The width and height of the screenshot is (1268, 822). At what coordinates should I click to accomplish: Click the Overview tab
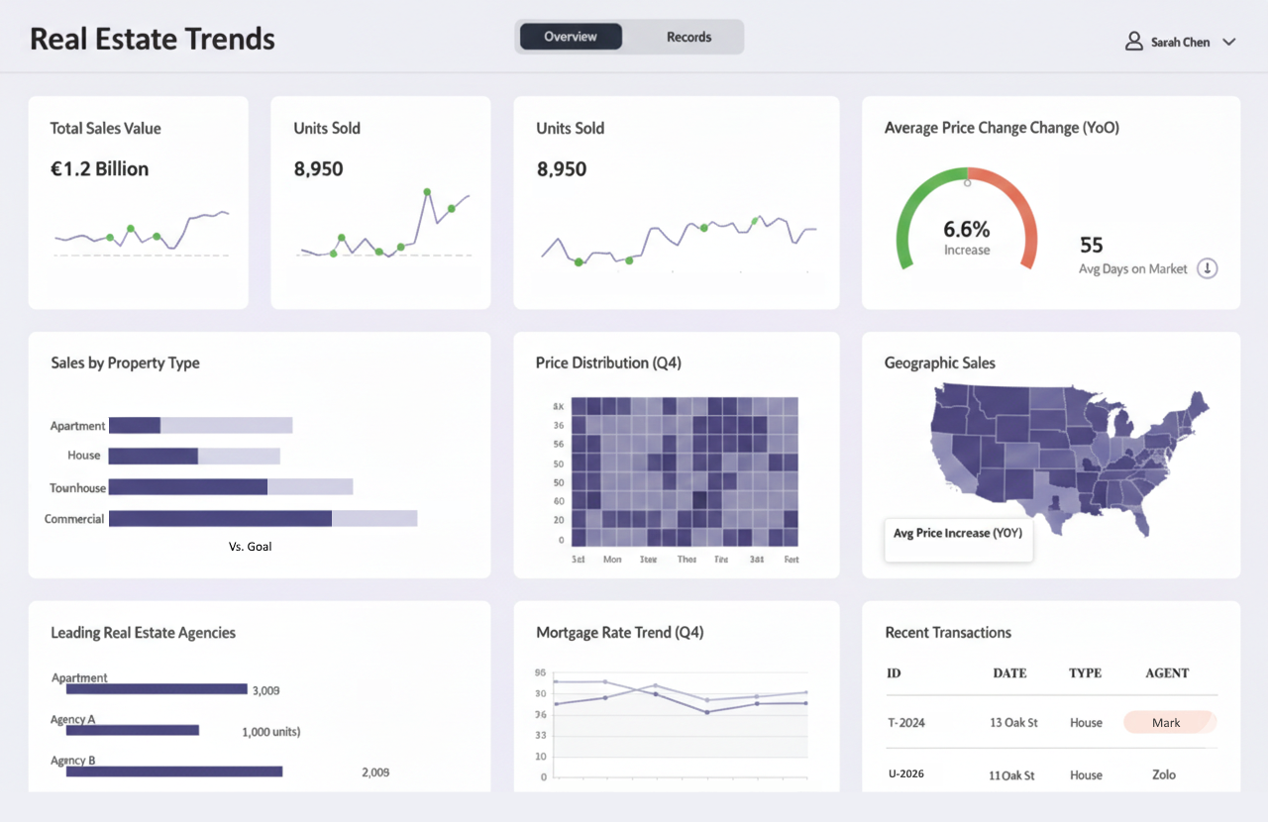(x=571, y=37)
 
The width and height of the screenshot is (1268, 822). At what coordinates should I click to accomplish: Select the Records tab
(x=688, y=37)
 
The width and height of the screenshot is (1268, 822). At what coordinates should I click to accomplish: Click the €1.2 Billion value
(x=99, y=169)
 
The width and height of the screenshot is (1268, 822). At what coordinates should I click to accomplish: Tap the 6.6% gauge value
(x=966, y=230)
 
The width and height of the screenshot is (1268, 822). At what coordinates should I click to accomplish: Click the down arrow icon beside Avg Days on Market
(x=1207, y=268)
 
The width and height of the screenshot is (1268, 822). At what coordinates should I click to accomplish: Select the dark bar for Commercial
(x=220, y=519)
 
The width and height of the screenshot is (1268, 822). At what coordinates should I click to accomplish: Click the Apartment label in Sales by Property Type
(x=77, y=426)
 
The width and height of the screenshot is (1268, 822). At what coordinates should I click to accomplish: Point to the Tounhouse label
(x=77, y=488)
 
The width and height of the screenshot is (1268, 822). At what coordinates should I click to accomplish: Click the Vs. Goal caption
(x=250, y=547)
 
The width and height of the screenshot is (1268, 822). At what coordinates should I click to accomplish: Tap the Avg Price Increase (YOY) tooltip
(x=957, y=534)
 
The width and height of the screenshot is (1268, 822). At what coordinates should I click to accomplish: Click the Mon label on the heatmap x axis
(x=612, y=560)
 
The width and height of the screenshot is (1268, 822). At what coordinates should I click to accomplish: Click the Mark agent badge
(x=1166, y=723)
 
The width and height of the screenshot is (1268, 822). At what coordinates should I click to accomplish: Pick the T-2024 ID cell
(x=905, y=723)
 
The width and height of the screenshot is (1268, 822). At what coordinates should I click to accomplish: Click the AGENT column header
(x=1166, y=673)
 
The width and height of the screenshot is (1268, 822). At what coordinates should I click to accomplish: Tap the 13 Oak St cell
(x=1012, y=723)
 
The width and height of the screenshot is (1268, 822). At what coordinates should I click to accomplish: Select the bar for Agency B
(x=174, y=771)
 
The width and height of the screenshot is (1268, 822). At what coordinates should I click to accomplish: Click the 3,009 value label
(x=265, y=690)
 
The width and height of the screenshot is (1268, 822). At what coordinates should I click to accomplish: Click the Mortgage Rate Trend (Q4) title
(x=619, y=633)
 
